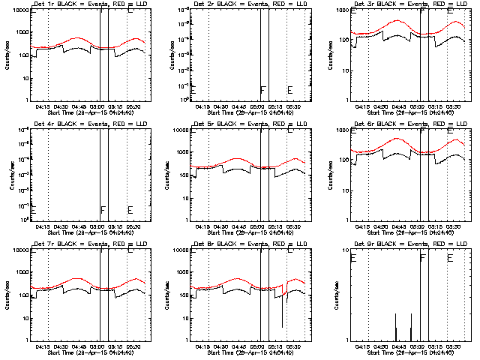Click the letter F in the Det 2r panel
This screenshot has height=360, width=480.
pos(262,91)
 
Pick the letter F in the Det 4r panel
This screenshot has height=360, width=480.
pos(103,210)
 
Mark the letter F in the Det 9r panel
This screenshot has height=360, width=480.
pos(423,259)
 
